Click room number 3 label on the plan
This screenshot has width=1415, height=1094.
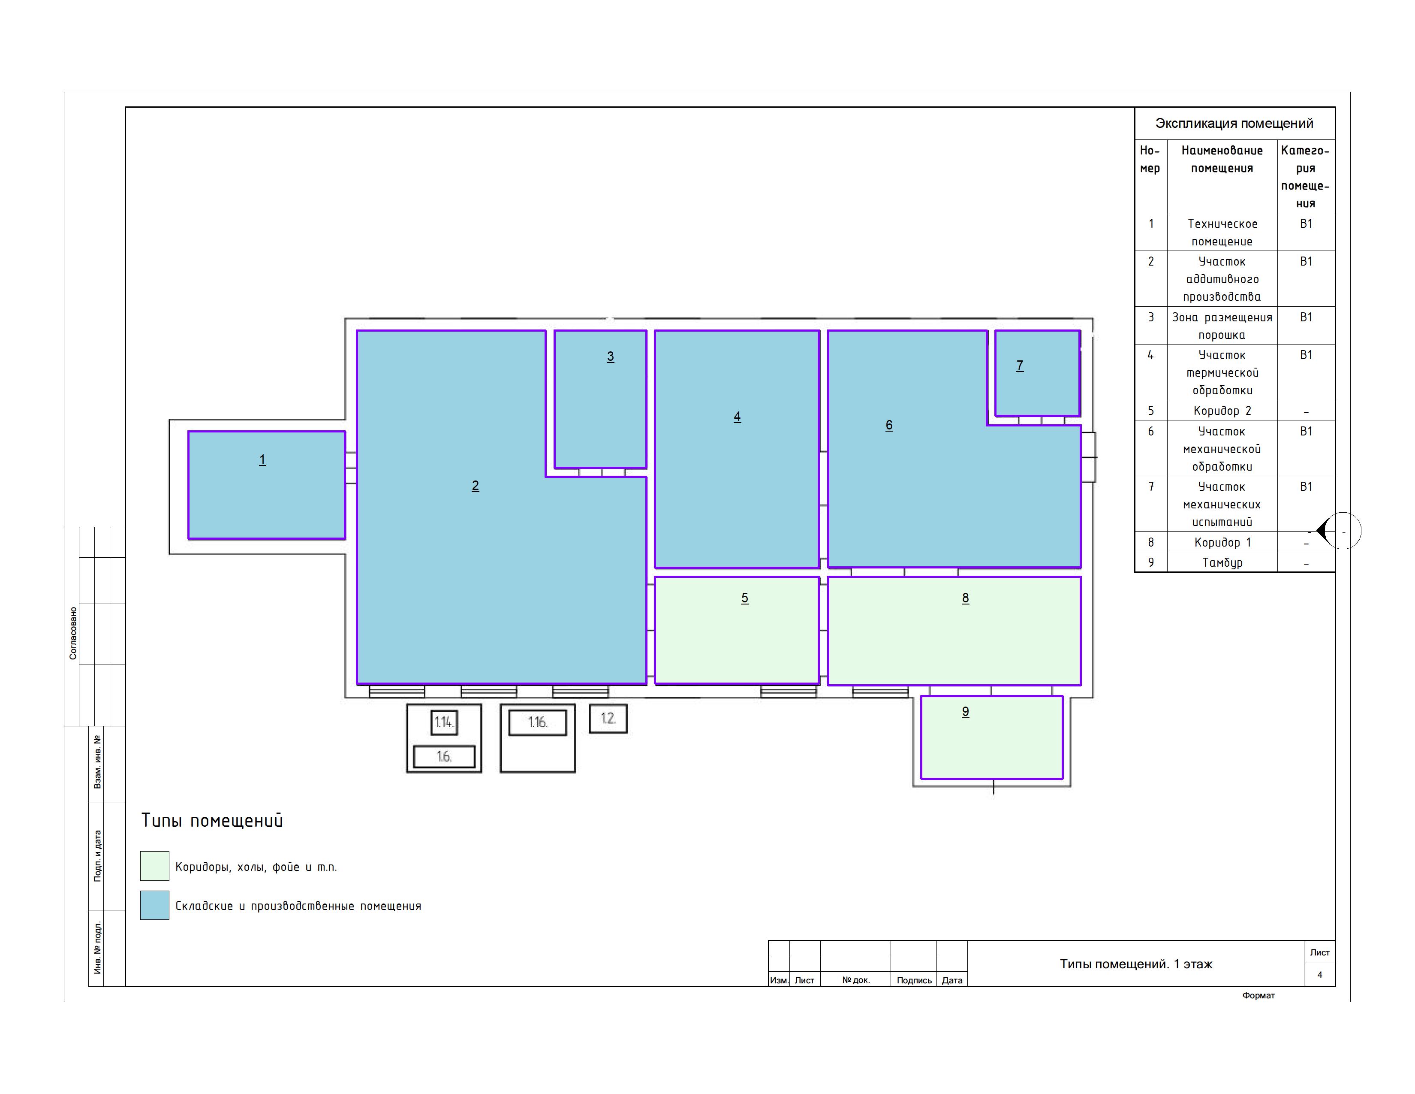click(610, 357)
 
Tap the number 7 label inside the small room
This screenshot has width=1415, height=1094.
click(1020, 366)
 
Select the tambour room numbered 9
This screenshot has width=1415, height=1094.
click(992, 737)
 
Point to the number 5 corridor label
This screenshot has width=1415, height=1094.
click(744, 598)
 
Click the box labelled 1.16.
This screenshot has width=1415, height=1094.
click(538, 722)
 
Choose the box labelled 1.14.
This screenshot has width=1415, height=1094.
click(444, 722)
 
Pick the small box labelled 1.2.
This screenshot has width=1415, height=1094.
click(608, 719)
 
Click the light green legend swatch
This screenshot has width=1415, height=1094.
click(155, 866)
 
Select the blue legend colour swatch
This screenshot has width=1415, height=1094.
click(155, 905)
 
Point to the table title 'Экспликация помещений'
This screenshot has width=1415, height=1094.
click(1234, 123)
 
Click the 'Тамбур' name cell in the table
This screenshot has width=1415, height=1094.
click(1222, 562)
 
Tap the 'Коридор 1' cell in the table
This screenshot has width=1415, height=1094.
click(1222, 542)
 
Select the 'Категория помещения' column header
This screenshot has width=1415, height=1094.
click(1306, 177)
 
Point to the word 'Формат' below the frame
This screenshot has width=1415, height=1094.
click(1258, 995)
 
